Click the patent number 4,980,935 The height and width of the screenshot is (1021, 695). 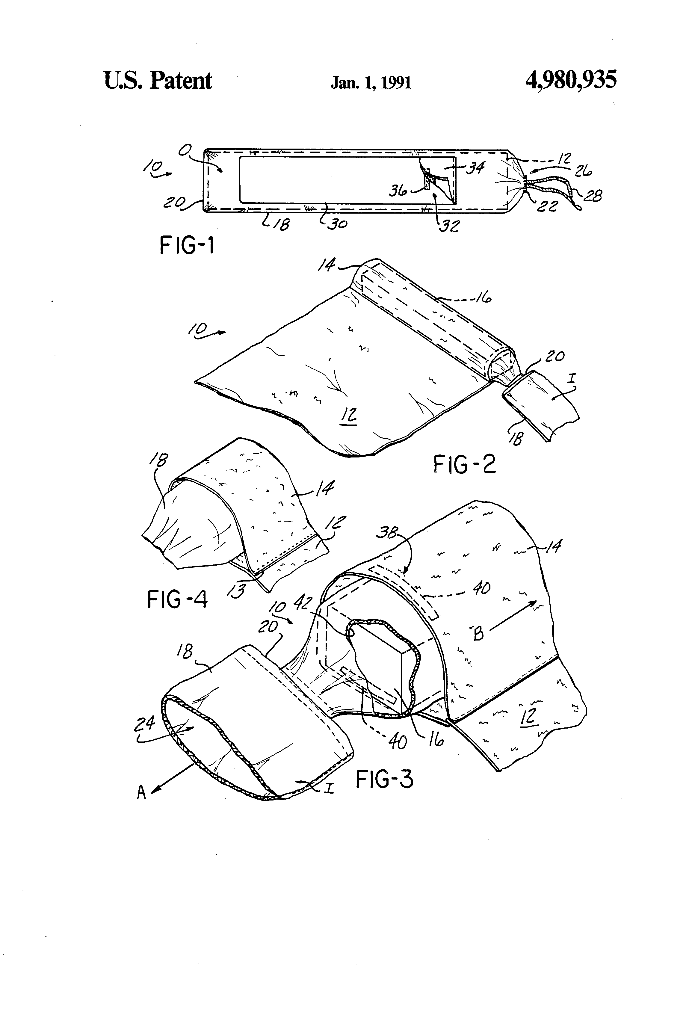pos(571,80)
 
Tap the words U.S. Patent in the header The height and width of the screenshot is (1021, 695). pos(158,80)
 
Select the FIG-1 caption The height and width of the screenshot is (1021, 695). pos(186,245)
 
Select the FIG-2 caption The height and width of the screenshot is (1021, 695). pos(465,464)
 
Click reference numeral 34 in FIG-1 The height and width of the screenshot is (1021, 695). pos(475,167)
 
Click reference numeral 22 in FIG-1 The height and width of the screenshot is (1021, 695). pos(547,206)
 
